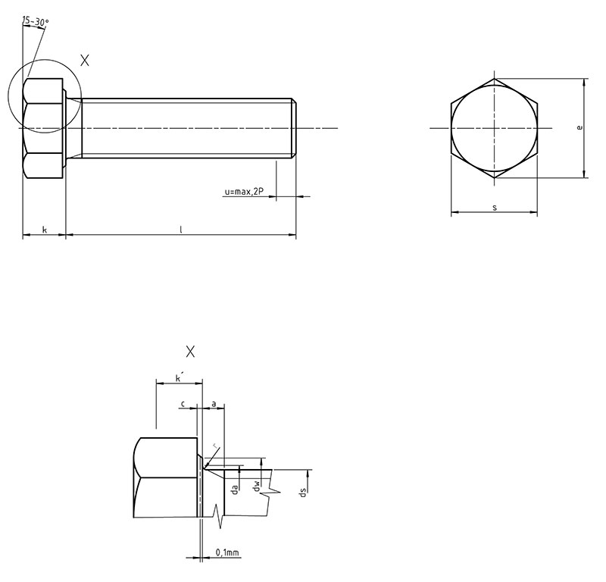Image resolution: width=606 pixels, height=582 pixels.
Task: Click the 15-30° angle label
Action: click(x=36, y=21)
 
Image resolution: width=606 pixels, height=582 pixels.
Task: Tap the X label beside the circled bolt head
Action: click(x=85, y=61)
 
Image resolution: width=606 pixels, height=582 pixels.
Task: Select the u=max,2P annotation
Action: click(x=244, y=192)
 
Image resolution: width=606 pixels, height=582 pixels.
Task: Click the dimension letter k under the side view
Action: click(x=45, y=230)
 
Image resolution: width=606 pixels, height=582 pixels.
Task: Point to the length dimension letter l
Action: click(x=180, y=230)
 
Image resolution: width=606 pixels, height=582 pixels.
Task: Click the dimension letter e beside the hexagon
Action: click(x=579, y=127)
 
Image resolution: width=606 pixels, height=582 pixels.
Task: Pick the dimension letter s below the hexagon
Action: click(x=495, y=208)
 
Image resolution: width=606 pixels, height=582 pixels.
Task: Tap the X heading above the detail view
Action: click(x=190, y=352)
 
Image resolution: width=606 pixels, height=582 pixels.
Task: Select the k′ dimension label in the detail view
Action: click(x=179, y=377)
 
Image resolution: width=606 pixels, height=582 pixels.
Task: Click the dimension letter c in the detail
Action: click(x=183, y=404)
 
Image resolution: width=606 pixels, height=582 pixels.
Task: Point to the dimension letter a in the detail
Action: click(x=214, y=404)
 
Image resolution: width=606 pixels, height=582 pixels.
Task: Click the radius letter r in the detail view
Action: click(x=215, y=446)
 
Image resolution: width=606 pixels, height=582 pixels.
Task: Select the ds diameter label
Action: click(x=304, y=493)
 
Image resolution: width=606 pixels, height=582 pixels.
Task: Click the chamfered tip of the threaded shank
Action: click(x=294, y=128)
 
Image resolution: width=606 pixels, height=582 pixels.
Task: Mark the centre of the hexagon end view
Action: click(x=495, y=128)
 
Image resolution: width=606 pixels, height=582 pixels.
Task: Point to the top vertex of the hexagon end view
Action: click(x=495, y=79)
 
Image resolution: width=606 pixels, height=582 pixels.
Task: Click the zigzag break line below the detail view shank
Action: click(x=219, y=517)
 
